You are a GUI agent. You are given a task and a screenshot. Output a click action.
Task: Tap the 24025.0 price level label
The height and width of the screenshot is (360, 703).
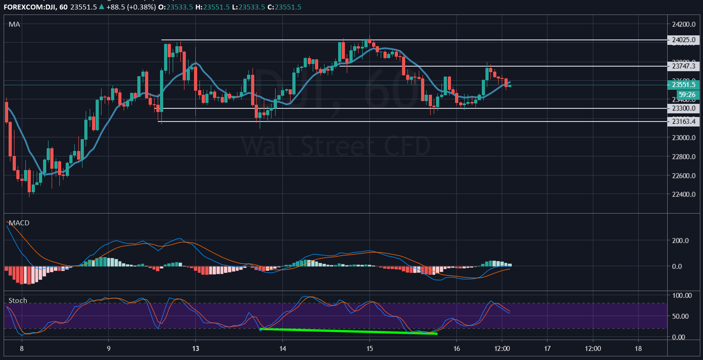(684, 40)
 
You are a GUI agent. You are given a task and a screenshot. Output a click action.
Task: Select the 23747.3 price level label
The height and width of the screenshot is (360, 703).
(684, 66)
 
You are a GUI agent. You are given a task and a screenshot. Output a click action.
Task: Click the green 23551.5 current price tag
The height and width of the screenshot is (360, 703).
(684, 85)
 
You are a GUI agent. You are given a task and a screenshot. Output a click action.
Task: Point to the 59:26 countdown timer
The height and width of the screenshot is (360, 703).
(687, 95)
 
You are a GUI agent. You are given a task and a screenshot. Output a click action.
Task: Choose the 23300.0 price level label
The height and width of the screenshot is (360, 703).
(684, 108)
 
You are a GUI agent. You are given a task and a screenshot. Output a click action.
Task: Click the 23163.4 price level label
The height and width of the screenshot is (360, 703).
(684, 122)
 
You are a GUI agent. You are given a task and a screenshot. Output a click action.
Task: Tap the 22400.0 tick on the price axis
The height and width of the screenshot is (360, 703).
(684, 195)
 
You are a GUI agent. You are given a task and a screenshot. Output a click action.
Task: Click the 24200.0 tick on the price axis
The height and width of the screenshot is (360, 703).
(684, 24)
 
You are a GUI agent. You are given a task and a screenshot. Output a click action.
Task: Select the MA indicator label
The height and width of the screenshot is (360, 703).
(14, 24)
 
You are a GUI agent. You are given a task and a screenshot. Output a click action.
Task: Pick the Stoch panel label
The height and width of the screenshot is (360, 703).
(18, 301)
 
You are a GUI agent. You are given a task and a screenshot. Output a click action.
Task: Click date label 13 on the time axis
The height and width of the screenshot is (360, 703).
(195, 349)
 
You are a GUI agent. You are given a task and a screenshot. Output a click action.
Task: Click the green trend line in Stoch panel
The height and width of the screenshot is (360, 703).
(349, 331)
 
